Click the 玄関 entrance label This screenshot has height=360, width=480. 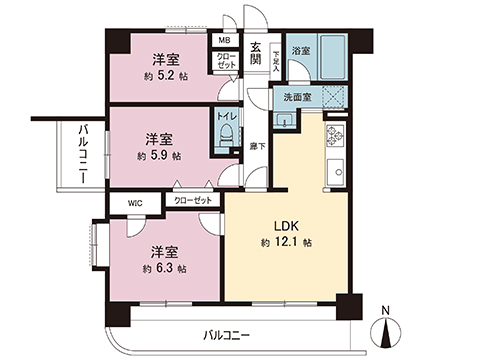256,53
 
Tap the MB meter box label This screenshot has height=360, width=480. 226,42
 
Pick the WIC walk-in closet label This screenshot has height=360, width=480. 136,202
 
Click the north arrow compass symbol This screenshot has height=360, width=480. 388,331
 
